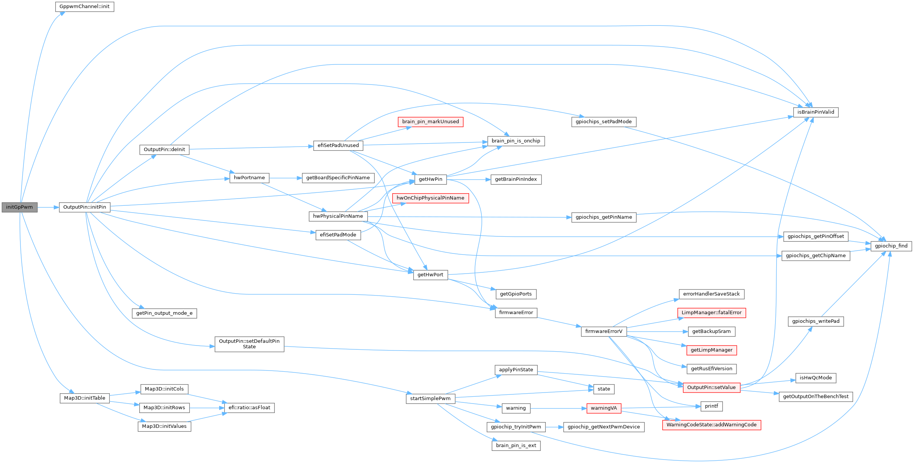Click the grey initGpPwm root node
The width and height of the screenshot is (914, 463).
click(x=19, y=207)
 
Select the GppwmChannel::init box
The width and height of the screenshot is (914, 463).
click(x=84, y=7)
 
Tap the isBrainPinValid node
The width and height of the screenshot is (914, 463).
click(x=816, y=112)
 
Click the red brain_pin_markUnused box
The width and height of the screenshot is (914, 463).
click(x=430, y=122)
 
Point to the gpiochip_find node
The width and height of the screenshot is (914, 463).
click(x=891, y=246)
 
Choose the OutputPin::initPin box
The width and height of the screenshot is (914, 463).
click(x=84, y=207)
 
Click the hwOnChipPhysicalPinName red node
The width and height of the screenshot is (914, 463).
click(x=430, y=198)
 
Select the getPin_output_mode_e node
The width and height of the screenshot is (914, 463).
click(x=164, y=313)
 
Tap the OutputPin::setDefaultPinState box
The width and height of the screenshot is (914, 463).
click(x=249, y=344)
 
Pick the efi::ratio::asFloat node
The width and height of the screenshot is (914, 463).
click(x=249, y=408)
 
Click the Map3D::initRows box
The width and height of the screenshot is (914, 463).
click(x=164, y=408)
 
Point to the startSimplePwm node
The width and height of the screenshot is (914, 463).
click(x=430, y=399)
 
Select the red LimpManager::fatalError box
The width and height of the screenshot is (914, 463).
click(x=712, y=313)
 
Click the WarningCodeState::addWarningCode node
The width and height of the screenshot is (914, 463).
click(x=712, y=425)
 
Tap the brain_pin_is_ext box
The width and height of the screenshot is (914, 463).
click(x=516, y=446)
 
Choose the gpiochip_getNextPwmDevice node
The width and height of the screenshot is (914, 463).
click(x=604, y=427)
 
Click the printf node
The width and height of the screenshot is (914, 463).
click(x=712, y=406)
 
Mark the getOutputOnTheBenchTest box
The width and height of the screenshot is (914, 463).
click(x=816, y=397)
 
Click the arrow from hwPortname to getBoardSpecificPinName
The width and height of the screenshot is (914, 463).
click(x=285, y=178)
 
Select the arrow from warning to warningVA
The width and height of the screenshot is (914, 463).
click(x=558, y=408)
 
